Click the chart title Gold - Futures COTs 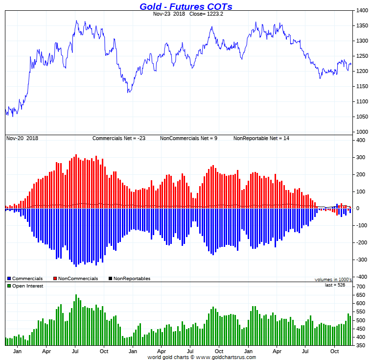coord(186,6)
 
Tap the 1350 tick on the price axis coord(362,25)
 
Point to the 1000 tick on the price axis coord(362,132)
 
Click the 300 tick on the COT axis coord(361,158)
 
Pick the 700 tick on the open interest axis coord(361,286)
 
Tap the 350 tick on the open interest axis coord(361,346)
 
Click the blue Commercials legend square coord(9,279)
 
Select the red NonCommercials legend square coord(55,279)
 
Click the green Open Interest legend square coord(9,286)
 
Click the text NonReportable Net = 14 coord(261,138)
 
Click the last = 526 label coord(335,285)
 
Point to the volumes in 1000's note coord(333,279)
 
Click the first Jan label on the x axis coord(17,351)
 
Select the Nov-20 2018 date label coord(22,138)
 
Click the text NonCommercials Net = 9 coord(188,138)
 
